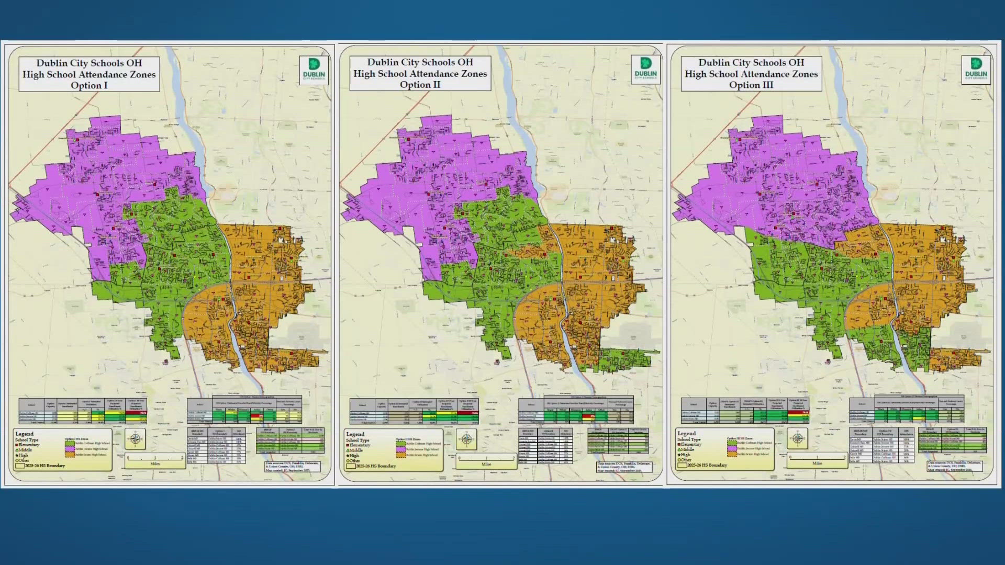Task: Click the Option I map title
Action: tap(89, 74)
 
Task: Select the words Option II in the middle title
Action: tap(420, 85)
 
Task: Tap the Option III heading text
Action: tap(751, 85)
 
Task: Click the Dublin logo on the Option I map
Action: tap(314, 69)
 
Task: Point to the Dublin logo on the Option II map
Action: tap(645, 68)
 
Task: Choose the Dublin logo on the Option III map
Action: tap(976, 68)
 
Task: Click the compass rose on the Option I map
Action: tap(135, 439)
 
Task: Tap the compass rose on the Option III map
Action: tap(798, 438)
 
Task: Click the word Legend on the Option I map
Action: tap(24, 434)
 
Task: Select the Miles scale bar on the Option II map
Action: tap(486, 459)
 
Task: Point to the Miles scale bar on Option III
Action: tap(817, 458)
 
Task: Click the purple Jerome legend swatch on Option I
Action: tap(69, 449)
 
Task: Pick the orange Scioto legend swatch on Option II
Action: tap(400, 455)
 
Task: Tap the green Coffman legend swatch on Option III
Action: tap(732, 443)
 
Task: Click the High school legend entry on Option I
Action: tap(22, 455)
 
